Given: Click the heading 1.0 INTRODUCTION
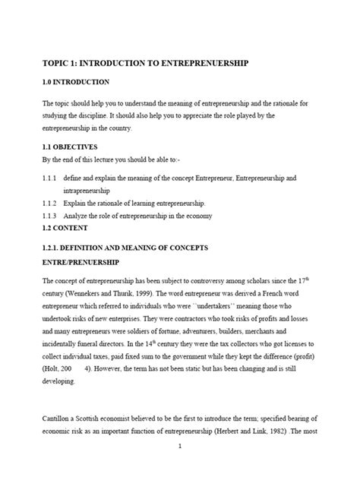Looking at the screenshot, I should pyautogui.click(x=76, y=82).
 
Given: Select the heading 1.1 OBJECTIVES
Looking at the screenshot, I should pyautogui.click(x=71, y=147).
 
